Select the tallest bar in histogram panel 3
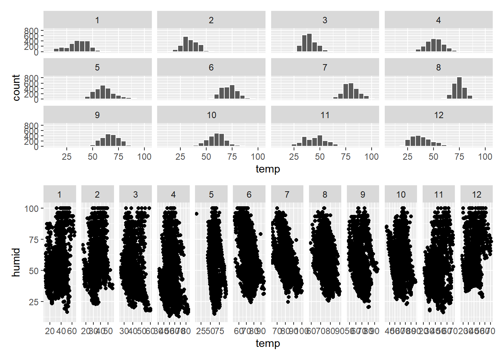coord(309,43)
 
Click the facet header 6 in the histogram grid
coord(211,67)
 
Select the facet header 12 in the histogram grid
coord(438,115)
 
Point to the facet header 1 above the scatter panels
coord(60,195)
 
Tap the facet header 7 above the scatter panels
coord(287,195)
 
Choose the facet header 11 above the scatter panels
coord(439,195)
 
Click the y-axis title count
coord(16,87)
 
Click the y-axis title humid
coord(16,262)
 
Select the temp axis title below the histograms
coord(268,169)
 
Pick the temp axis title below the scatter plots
coord(268,343)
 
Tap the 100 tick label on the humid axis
coord(31,208)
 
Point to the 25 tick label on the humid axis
coord(34,302)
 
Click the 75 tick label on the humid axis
coord(34,240)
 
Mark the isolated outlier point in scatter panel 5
coord(197,214)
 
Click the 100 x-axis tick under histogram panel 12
coord(485,157)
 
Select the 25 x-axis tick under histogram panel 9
coord(67,157)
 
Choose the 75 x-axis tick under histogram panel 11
coord(346,157)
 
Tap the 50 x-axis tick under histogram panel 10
coord(206,157)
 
